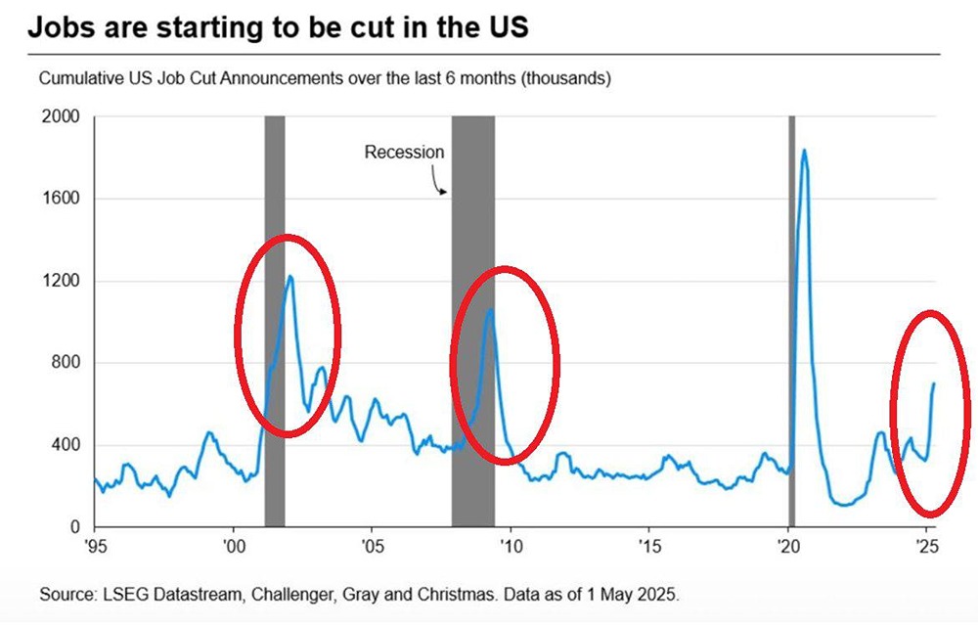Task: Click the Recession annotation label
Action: click(404, 153)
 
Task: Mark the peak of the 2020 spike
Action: click(804, 151)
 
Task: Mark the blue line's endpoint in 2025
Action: click(934, 383)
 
